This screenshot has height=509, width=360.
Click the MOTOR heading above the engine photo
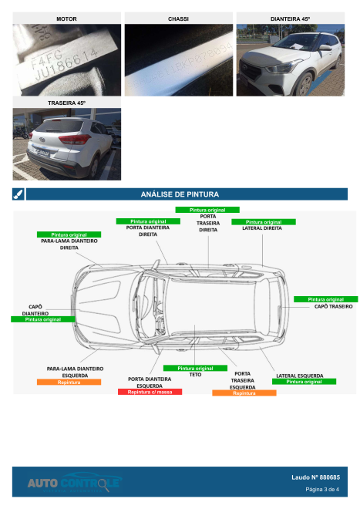[x=66, y=18]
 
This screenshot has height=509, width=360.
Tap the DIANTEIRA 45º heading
[x=290, y=18]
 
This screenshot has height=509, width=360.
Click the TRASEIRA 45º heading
[x=66, y=103]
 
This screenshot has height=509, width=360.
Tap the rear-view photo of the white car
[x=66, y=143]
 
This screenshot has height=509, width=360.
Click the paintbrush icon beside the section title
[x=19, y=194]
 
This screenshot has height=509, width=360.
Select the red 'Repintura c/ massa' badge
[x=150, y=393]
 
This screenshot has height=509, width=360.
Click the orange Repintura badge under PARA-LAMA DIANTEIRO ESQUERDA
[x=69, y=383]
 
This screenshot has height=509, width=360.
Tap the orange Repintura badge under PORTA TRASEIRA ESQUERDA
[x=244, y=393]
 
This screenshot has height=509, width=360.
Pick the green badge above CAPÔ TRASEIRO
[x=325, y=299]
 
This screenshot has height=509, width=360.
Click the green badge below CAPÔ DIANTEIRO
[x=42, y=319]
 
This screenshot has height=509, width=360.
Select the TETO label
[x=195, y=375]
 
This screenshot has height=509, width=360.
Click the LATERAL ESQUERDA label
[x=299, y=376]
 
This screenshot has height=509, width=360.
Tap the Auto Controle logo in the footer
[x=75, y=484]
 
